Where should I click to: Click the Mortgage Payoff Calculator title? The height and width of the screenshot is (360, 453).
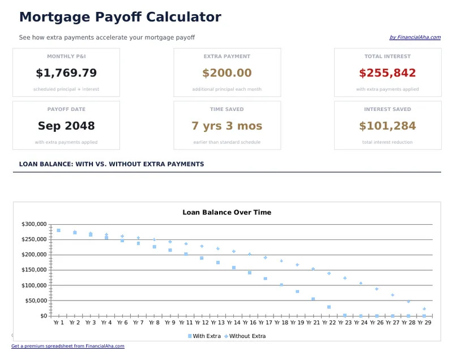pyautogui.click(x=120, y=17)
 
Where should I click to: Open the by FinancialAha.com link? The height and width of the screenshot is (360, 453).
pyautogui.click(x=414, y=37)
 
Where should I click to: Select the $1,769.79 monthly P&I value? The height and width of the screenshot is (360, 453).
pyautogui.click(x=66, y=73)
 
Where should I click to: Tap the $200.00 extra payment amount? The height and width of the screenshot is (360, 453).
pyautogui.click(x=226, y=73)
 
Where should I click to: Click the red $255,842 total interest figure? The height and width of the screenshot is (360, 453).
pyautogui.click(x=387, y=73)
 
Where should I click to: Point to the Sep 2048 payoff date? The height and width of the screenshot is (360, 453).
pyautogui.click(x=66, y=126)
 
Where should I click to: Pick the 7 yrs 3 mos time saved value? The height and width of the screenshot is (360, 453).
pyautogui.click(x=226, y=126)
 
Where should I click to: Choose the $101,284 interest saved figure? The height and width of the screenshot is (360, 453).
pyautogui.click(x=387, y=126)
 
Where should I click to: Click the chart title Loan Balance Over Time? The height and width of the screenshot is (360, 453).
pyautogui.click(x=226, y=212)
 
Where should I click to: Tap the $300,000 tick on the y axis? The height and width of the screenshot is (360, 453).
pyautogui.click(x=34, y=224)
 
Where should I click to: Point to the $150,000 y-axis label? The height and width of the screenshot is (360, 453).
pyautogui.click(x=34, y=270)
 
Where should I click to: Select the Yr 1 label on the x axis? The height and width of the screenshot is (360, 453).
pyautogui.click(x=58, y=323)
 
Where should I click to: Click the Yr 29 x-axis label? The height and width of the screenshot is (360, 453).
pyautogui.click(x=424, y=323)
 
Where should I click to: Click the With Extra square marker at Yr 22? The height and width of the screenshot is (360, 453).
pyautogui.click(x=329, y=307)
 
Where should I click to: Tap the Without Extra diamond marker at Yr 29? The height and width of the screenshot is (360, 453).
pyautogui.click(x=424, y=309)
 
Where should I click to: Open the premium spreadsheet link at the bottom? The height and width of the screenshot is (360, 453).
pyautogui.click(x=68, y=346)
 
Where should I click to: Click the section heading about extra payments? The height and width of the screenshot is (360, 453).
pyautogui.click(x=111, y=164)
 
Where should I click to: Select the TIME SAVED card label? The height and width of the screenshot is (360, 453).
pyautogui.click(x=226, y=109)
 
